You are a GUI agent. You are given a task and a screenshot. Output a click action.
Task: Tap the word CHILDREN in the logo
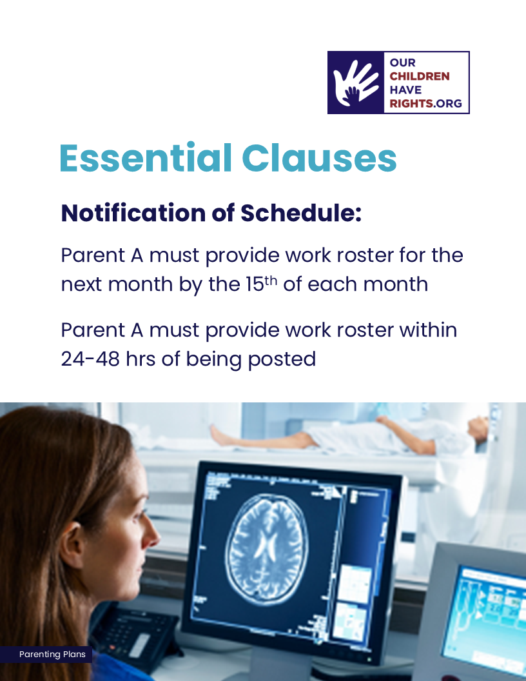click(419, 77)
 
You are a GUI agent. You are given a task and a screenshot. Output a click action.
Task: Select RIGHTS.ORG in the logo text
click(425, 103)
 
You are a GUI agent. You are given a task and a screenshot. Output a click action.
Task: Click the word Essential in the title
click(146, 157)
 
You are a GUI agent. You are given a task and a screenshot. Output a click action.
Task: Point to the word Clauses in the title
click(319, 157)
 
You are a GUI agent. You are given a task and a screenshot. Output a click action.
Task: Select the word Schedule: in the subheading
click(301, 213)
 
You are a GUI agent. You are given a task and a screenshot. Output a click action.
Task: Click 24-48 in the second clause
click(90, 359)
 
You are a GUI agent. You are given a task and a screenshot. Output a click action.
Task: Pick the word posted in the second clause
click(282, 360)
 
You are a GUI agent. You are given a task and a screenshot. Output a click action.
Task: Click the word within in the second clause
click(428, 330)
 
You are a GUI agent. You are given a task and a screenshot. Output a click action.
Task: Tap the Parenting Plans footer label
click(52, 654)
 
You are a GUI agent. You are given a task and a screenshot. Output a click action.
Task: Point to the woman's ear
click(72, 544)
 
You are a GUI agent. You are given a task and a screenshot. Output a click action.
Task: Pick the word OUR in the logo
click(402, 63)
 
